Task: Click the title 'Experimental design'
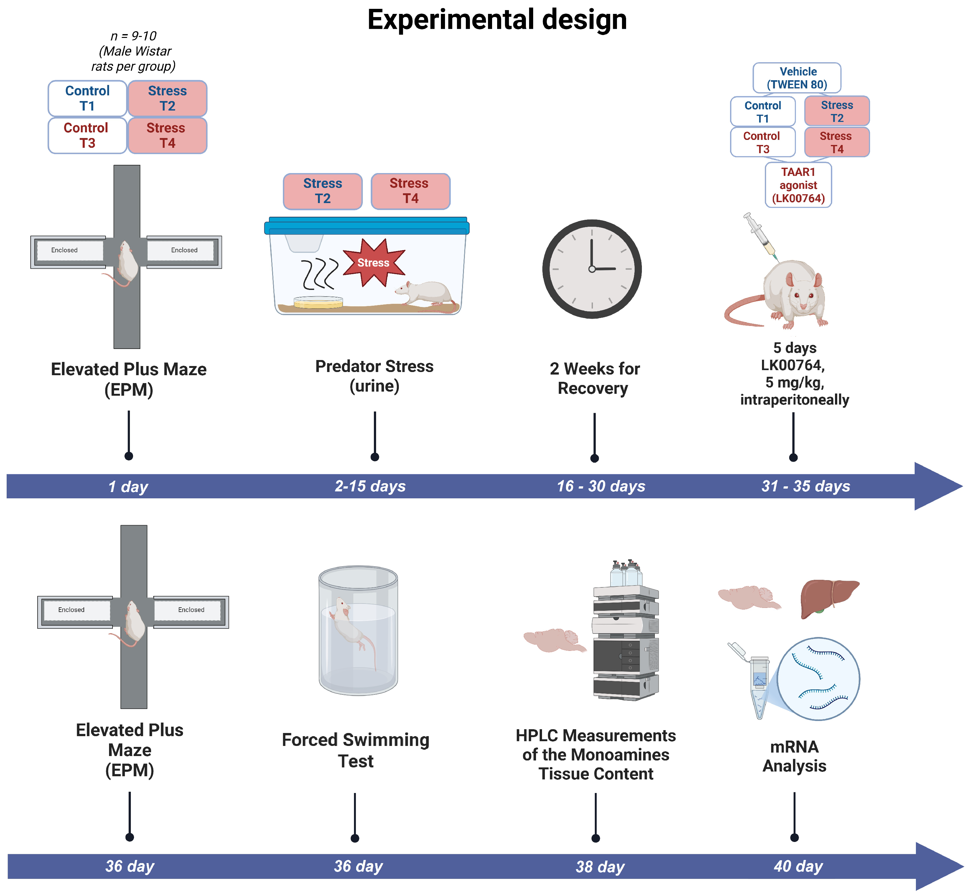497,20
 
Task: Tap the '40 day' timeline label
798,866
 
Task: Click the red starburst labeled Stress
373,262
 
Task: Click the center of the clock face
592,269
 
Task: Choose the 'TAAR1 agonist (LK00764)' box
798,185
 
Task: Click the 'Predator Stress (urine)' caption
374,376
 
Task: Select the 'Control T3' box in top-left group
87,135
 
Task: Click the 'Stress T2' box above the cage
322,191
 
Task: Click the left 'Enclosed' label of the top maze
64,250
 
